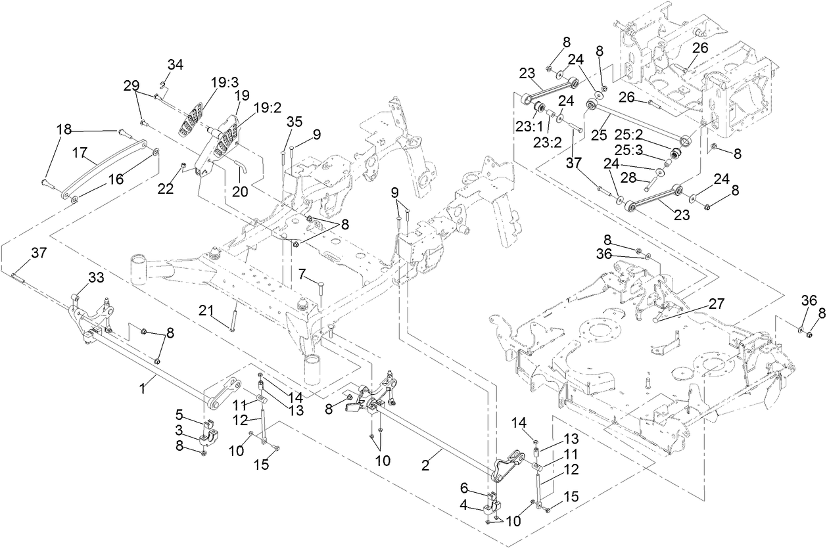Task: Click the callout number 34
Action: click(x=175, y=64)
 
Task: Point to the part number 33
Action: click(x=96, y=279)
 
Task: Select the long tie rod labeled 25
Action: click(x=638, y=122)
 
